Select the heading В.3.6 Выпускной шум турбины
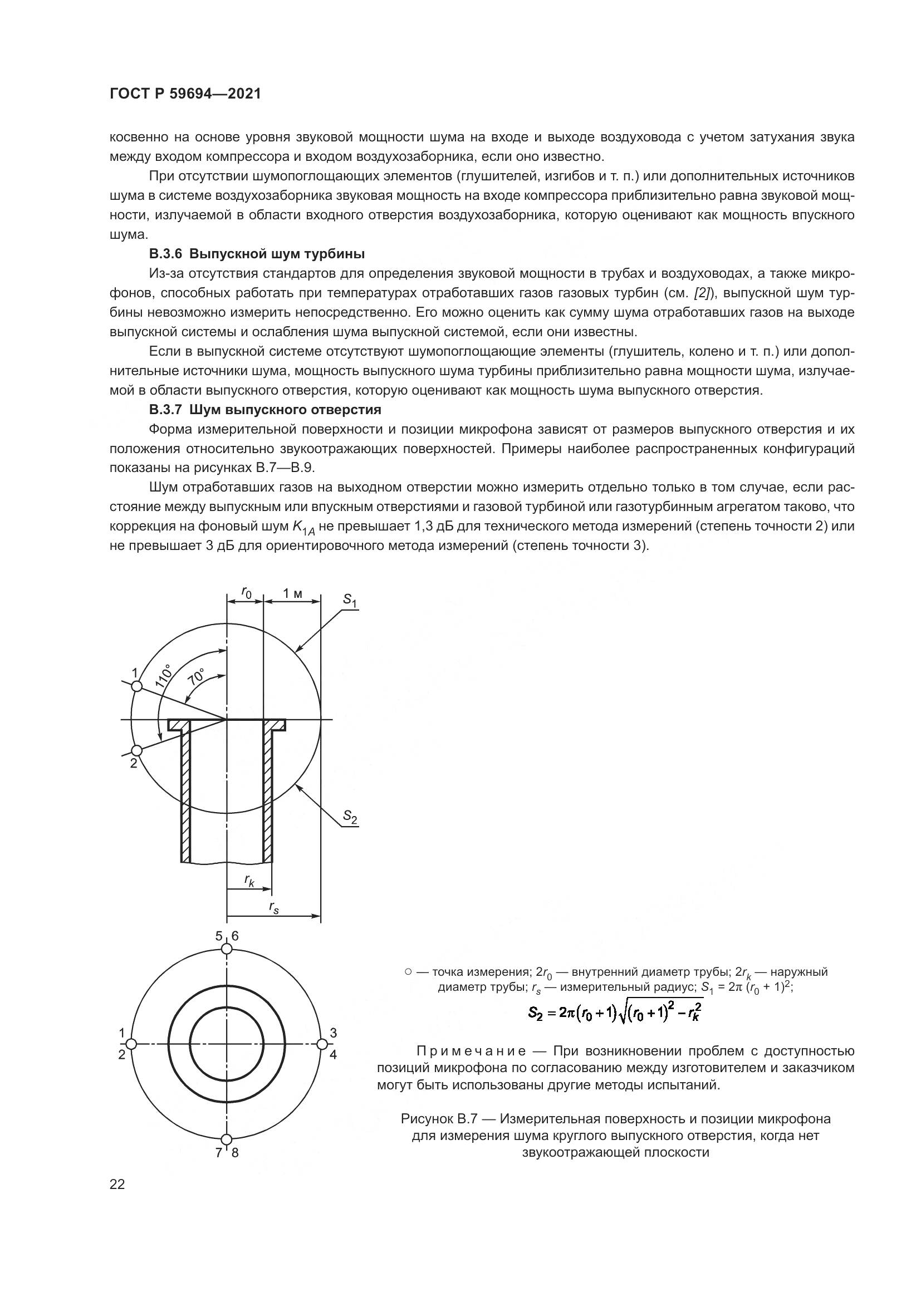256,253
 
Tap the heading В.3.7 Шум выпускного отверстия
265,410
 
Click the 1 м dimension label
293,593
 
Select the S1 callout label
350,601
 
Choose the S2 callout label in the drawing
350,817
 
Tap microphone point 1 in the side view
136,686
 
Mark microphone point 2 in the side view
136,750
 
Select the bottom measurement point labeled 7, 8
227,1140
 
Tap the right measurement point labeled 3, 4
321,1044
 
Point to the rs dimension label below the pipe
274,907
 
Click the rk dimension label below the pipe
249,881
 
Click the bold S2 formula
615,1012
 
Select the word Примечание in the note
471,1052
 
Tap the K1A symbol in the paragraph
303,527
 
